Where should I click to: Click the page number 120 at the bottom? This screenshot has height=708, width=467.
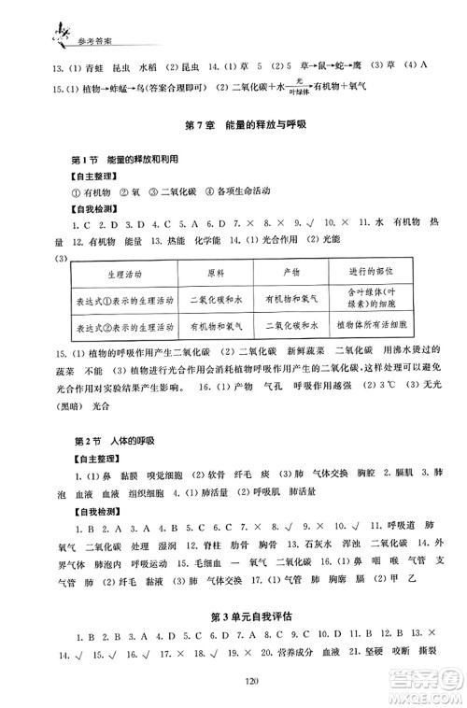[x=233, y=682]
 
